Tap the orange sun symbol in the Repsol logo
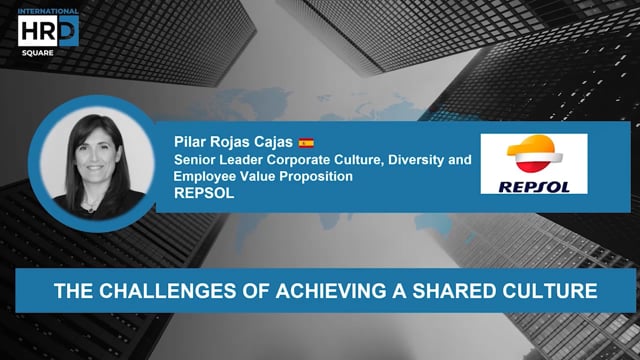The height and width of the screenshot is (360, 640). pyautogui.click(x=533, y=155)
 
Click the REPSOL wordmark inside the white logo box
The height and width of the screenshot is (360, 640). pyautogui.click(x=533, y=183)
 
